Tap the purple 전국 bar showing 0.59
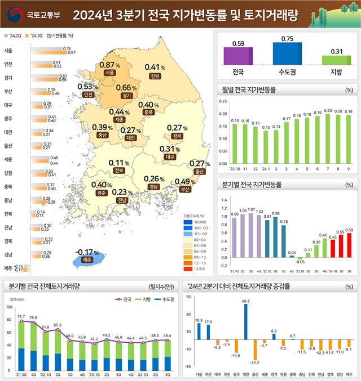click(238, 56)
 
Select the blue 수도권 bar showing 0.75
click(287, 53)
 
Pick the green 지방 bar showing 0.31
click(336, 60)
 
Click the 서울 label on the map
click(110, 73)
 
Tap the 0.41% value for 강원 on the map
click(155, 68)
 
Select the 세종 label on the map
click(119, 120)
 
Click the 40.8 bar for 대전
click(245, 322)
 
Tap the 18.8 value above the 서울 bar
click(199, 320)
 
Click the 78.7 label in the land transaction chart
click(21, 317)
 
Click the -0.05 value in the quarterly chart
click(301, 262)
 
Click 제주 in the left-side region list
click(8, 268)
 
